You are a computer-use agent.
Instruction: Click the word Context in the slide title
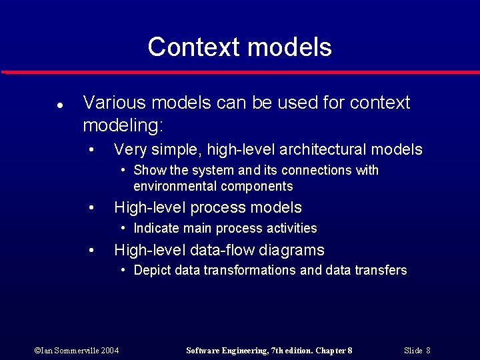click(x=193, y=47)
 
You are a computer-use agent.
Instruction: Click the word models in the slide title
click(x=289, y=47)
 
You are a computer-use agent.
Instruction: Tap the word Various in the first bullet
click(x=113, y=103)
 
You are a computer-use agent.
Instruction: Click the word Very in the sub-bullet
click(x=131, y=149)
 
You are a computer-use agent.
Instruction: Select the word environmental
click(x=175, y=186)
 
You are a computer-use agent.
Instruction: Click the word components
click(x=257, y=186)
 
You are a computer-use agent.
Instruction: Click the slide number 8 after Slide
click(x=427, y=350)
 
